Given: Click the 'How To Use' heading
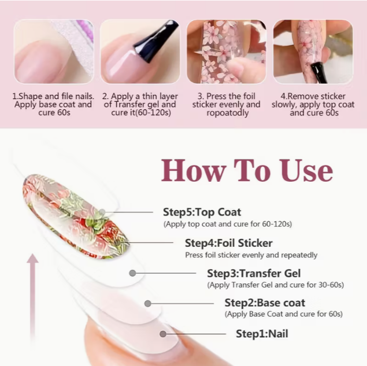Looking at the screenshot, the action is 247,171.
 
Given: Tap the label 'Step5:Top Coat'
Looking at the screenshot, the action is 202,212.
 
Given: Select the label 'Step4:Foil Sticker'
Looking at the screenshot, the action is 229,243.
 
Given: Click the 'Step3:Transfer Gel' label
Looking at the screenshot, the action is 254,273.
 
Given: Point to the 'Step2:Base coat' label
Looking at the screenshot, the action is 265,303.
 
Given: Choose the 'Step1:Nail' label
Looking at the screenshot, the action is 262,334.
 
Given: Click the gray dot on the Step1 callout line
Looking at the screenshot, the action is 163,334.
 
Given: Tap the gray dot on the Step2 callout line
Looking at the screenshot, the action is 147,303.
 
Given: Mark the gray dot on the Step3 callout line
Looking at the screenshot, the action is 133,273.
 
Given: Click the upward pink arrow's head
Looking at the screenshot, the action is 32,258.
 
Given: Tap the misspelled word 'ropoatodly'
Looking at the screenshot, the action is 228,113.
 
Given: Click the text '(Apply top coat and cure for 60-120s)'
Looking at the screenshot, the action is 228,224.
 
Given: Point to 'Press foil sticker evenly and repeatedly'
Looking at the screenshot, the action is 251,255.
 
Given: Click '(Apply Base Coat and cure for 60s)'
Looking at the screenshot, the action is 284,314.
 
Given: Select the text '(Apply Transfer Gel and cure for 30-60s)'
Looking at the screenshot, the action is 275,285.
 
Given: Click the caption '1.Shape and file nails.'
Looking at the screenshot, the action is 53,96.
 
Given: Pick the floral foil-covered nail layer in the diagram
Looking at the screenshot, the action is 75,216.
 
